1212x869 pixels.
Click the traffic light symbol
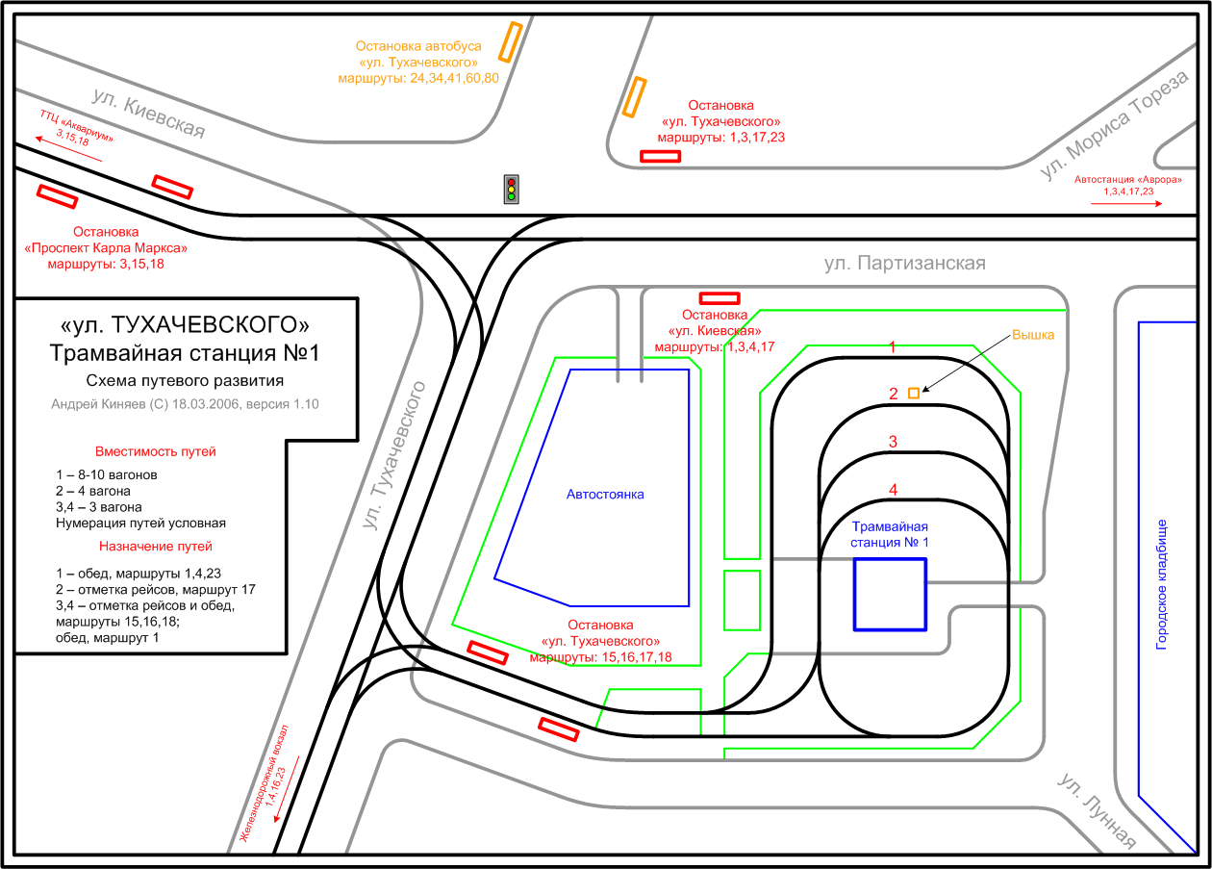[512, 189]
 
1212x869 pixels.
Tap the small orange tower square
[914, 393]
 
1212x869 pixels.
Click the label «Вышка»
[1033, 335]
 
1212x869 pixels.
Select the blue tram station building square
[890, 595]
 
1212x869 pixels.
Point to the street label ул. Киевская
[149, 114]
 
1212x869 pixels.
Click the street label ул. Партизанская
[904, 263]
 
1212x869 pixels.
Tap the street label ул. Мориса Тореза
[1115, 124]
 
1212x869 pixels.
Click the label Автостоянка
[605, 495]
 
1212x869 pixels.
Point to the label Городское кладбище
[1161, 585]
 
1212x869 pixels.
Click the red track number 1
[893, 347]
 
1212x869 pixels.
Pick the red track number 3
[893, 442]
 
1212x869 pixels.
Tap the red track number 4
[893, 490]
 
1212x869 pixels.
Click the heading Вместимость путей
[155, 451]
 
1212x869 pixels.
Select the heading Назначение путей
[155, 547]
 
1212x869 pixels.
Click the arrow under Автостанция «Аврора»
[1126, 204]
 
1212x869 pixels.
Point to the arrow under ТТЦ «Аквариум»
[68, 149]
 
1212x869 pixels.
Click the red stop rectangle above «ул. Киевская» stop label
[720, 298]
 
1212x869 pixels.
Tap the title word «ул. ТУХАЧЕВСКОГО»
[185, 325]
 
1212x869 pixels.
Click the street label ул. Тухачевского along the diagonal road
[394, 456]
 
